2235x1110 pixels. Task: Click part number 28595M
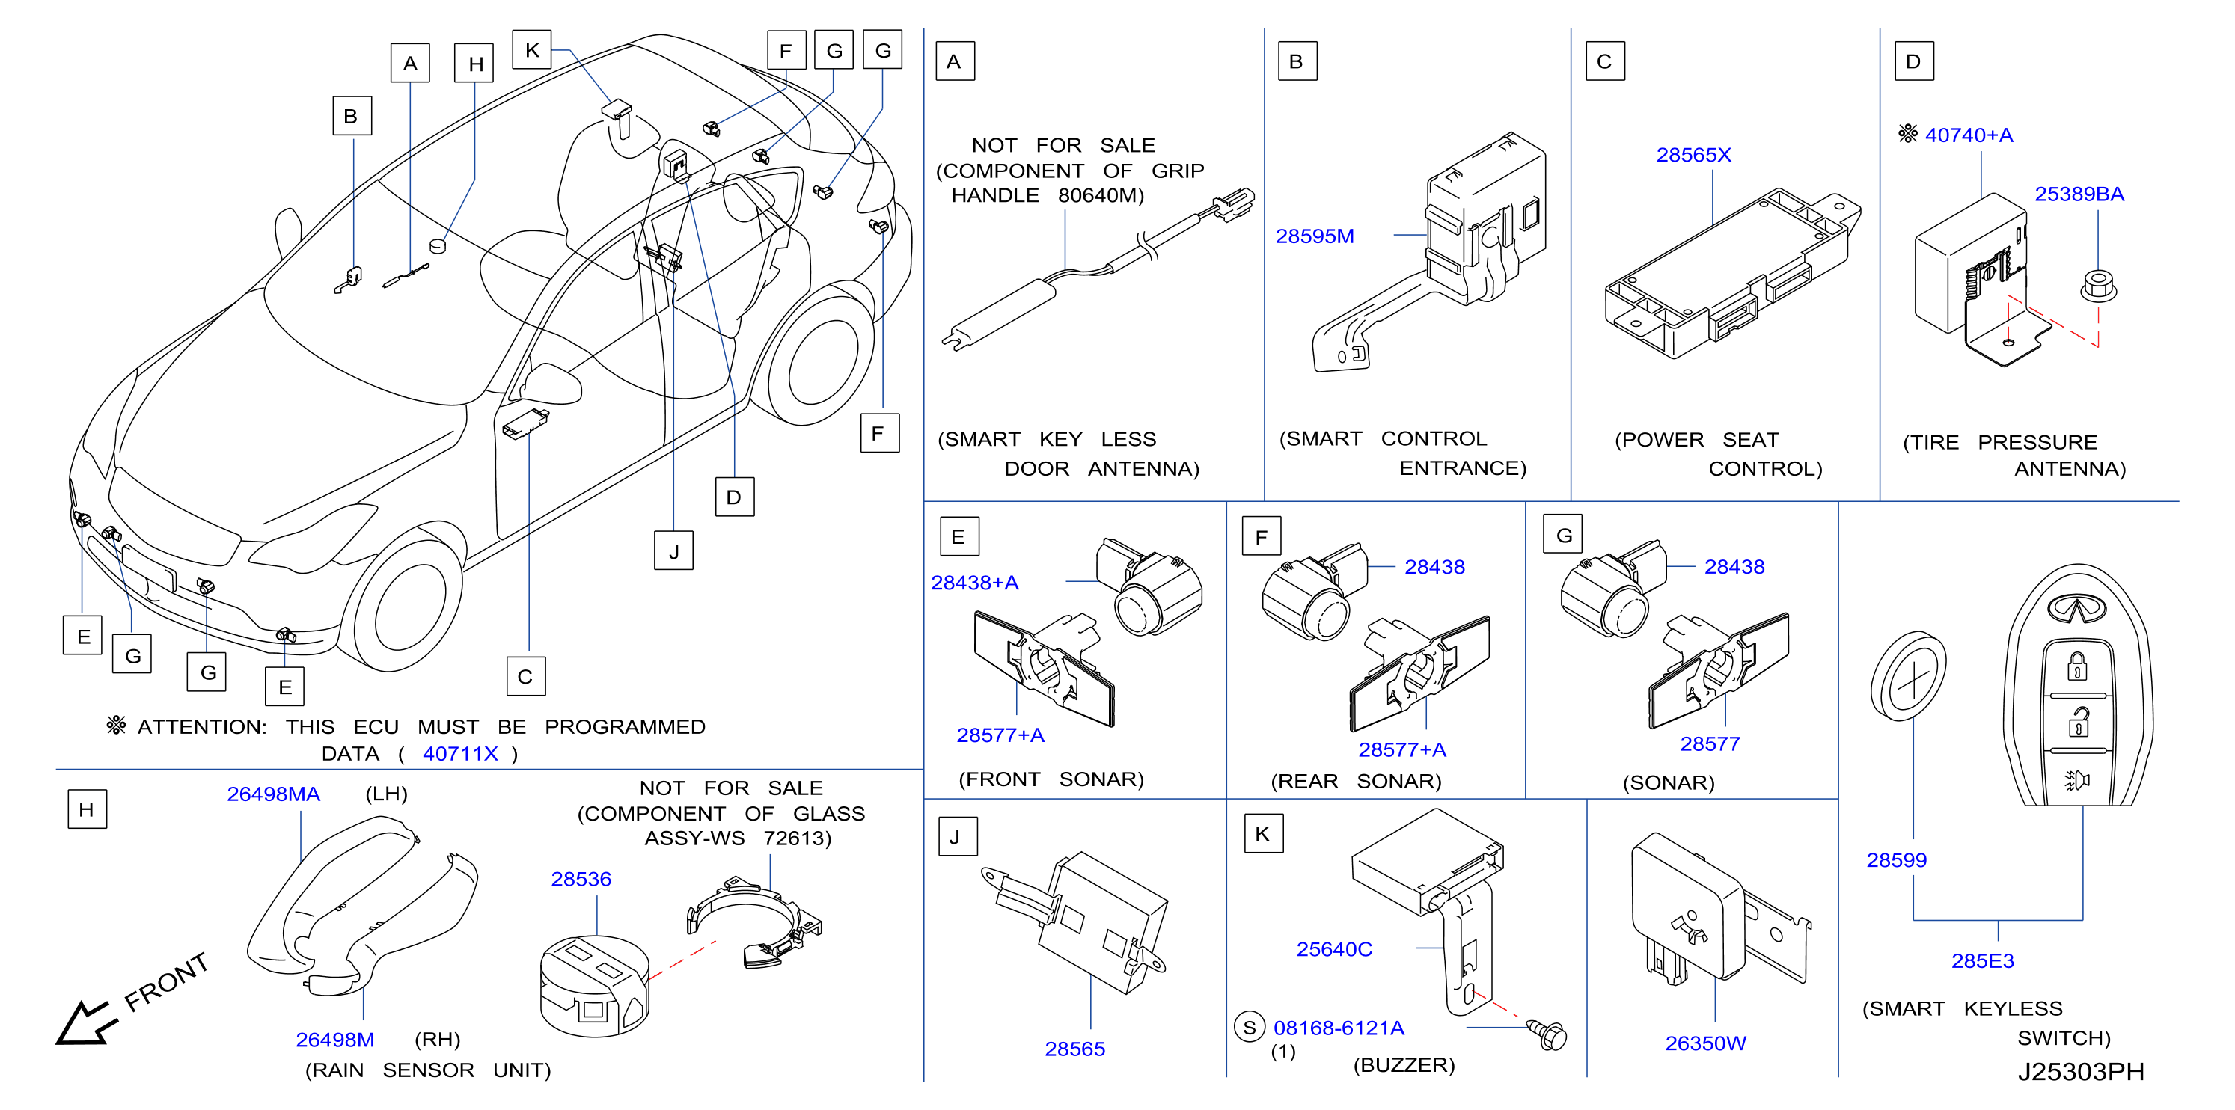point(1315,236)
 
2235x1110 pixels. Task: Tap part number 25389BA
point(2079,194)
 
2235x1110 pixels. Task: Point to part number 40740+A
point(1969,135)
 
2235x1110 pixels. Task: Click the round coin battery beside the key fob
point(1908,676)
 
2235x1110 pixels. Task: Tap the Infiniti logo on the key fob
point(2076,609)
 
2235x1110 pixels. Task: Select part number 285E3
point(1983,961)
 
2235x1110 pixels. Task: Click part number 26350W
point(1705,1043)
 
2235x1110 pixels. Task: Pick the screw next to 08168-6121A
point(1548,1034)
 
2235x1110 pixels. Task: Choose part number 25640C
point(1333,950)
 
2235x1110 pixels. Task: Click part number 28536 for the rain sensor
point(581,880)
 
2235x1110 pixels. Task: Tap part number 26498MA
point(273,794)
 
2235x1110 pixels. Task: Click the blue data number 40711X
point(460,753)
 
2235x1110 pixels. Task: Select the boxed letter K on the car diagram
point(532,50)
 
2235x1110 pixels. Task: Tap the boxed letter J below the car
point(673,551)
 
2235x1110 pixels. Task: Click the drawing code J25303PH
point(2081,1072)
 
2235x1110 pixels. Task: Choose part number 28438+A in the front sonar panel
point(974,583)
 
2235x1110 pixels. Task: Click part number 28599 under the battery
point(1896,860)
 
